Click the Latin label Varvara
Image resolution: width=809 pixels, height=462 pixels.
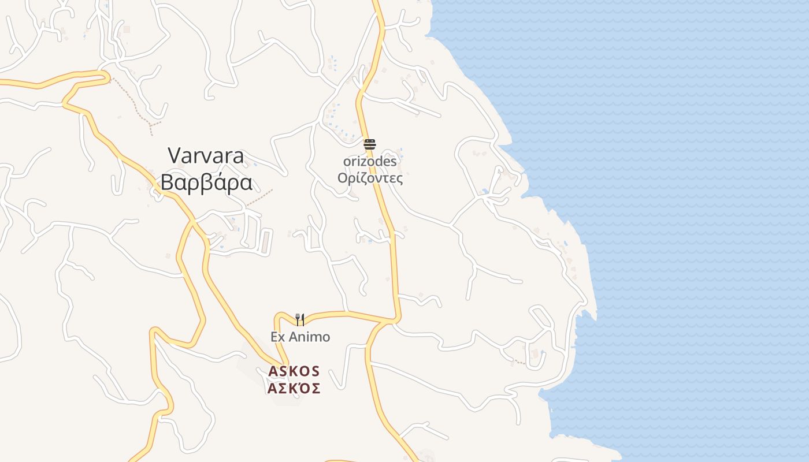tap(206, 155)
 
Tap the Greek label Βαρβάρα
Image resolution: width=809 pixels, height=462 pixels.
tap(206, 182)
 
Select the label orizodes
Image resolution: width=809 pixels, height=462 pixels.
tap(370, 162)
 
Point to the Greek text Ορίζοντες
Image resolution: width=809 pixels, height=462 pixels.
tap(370, 178)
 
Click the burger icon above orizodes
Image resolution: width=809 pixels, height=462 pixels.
tap(369, 144)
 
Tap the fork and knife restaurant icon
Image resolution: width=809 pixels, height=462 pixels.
tap(300, 319)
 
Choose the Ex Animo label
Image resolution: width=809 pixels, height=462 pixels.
tap(300, 337)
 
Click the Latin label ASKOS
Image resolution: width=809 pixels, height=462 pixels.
tap(294, 371)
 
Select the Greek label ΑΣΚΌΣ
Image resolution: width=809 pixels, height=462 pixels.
tap(294, 388)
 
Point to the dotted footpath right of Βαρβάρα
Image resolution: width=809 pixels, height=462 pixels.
tap(259, 198)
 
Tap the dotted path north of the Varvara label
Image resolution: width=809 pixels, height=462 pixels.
tap(136, 104)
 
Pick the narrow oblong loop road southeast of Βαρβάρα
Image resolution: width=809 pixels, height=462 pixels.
tap(265, 240)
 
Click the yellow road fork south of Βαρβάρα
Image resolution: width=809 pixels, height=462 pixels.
tap(192, 222)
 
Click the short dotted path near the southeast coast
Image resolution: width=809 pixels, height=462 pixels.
tap(520, 362)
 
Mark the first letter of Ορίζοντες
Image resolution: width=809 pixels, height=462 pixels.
tap(343, 178)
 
